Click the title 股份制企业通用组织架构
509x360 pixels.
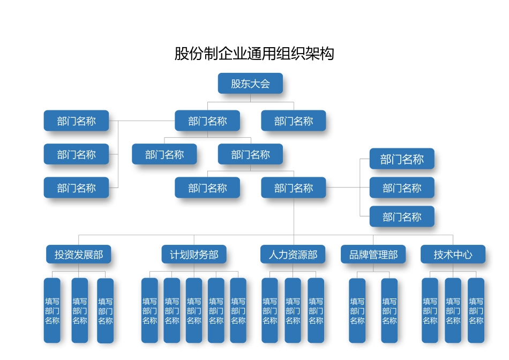(x=254, y=54)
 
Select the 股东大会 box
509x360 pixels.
(x=250, y=84)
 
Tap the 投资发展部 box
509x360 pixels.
(x=79, y=254)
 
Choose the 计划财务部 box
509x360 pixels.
(x=194, y=254)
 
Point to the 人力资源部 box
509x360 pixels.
(x=293, y=254)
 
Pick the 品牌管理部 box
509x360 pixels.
(x=373, y=254)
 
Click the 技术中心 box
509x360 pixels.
(x=453, y=254)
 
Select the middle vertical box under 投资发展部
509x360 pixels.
(x=80, y=311)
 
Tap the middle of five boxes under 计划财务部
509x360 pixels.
(x=194, y=311)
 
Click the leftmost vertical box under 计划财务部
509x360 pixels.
(x=149, y=311)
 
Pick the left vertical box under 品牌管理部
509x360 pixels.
(x=357, y=311)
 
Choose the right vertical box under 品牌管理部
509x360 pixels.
(x=390, y=311)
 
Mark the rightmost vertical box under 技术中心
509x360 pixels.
(x=476, y=311)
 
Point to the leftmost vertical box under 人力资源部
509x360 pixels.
(x=270, y=311)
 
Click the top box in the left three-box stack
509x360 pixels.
(x=76, y=121)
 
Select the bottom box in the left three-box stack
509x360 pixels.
(x=76, y=188)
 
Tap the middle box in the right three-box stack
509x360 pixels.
(x=402, y=188)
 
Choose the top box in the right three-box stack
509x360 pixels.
(x=402, y=159)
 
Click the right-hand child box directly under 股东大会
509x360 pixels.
(x=294, y=121)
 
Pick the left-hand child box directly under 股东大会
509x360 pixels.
(x=207, y=121)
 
